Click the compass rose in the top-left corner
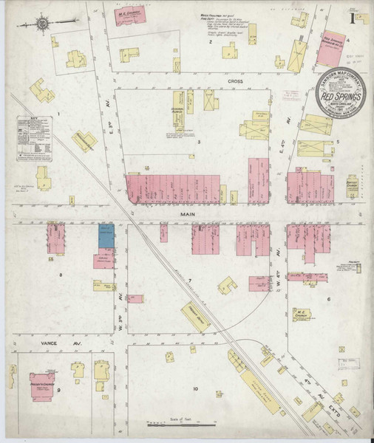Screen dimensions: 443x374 42,24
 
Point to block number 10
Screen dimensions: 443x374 196,388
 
